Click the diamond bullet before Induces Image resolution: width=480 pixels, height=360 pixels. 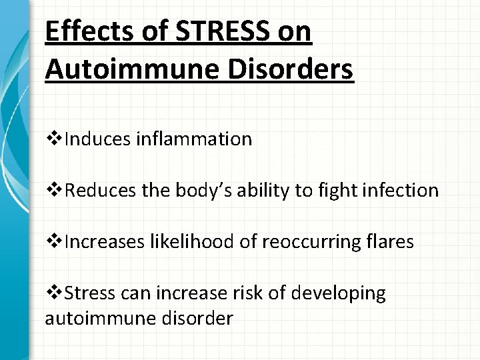[x=52, y=139]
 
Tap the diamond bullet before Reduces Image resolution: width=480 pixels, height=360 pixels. [x=52, y=191]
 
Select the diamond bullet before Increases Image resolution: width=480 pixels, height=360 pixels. [x=52, y=242]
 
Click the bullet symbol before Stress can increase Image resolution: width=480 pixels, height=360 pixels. [x=52, y=293]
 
